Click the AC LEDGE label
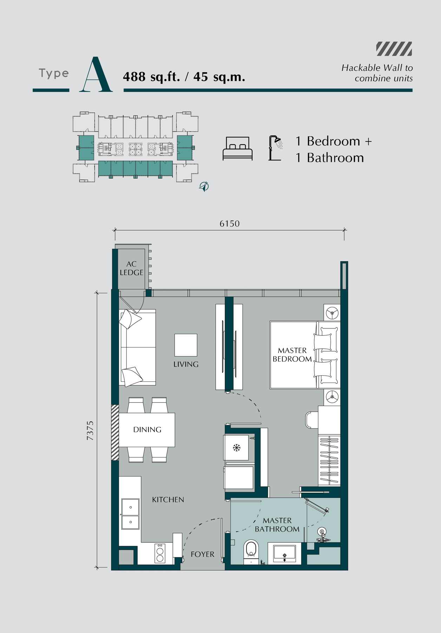pos(132,268)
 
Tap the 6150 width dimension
pos(230,224)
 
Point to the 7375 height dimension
pos(90,431)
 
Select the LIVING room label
pos(186,364)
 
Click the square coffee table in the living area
pos(186,345)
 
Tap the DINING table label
pos(147,429)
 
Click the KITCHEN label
pos(168,500)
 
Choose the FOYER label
pos(203,554)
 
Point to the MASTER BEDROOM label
pos(292,355)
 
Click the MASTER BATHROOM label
pos(277,525)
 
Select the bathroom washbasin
pos(284,554)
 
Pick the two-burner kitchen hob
pos(160,553)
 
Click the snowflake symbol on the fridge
pos(237,448)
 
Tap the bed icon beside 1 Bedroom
pos(238,149)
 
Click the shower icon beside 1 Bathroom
pos(276,148)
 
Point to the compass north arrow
pos(204,186)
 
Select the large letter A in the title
pos(96,74)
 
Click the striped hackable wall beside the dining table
pos(115,432)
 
